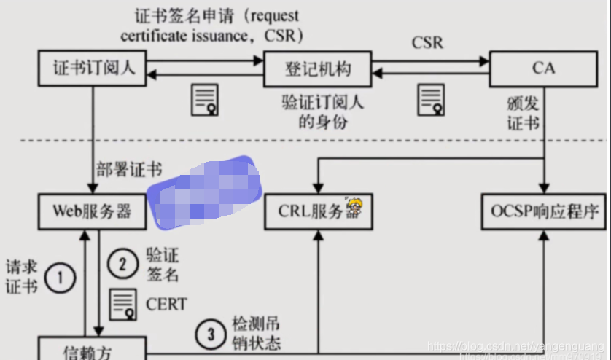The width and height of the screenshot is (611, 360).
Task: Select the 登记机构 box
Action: point(317,69)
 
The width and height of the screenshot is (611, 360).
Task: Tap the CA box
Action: point(543,69)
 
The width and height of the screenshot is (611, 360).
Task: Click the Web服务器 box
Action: point(92,211)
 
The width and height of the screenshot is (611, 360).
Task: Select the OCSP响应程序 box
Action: point(543,211)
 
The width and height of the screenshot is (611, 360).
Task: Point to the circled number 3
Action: point(211,334)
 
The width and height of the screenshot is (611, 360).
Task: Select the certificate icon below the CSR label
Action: point(431,100)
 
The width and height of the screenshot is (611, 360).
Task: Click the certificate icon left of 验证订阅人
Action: point(205,100)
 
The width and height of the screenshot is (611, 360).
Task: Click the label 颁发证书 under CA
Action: point(523,111)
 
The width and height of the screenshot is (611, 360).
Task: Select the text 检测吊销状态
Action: point(255,333)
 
